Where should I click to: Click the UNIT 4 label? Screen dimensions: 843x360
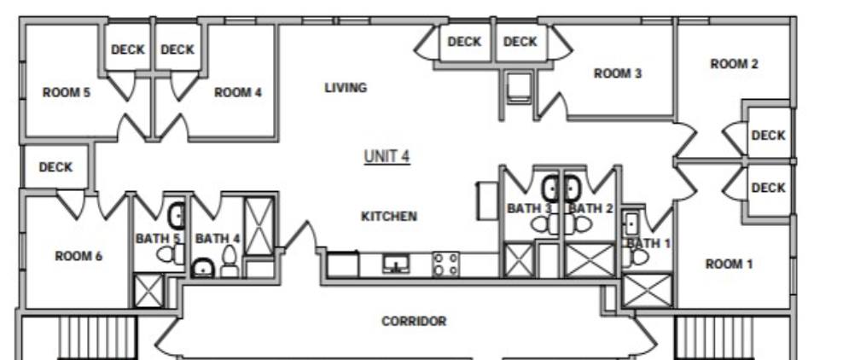click(387, 156)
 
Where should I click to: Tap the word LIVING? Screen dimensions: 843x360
click(346, 88)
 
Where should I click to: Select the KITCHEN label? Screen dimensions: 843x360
click(389, 217)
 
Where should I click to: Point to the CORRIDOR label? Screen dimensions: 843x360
click(414, 322)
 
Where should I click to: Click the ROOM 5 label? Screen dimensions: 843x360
click(67, 92)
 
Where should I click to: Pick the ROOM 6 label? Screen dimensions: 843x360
click(78, 256)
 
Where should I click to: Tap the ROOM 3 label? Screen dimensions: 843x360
click(618, 73)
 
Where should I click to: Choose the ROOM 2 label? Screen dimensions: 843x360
click(734, 64)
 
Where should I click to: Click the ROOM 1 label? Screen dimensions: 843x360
click(729, 264)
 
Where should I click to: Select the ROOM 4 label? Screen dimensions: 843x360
click(238, 92)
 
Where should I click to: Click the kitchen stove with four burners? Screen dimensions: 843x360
click(446, 264)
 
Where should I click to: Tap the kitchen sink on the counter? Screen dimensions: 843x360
click(396, 264)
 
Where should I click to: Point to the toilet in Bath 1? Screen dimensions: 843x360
click(636, 257)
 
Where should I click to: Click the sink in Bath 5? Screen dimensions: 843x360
click(177, 216)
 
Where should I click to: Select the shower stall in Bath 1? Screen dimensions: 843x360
click(647, 290)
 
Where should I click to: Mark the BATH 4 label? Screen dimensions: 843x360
click(218, 238)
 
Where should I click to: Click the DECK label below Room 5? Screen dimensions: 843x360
click(55, 167)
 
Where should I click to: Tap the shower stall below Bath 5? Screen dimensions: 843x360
click(148, 291)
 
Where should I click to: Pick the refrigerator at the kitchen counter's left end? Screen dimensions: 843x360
click(343, 264)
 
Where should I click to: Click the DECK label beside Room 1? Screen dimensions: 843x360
click(768, 188)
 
